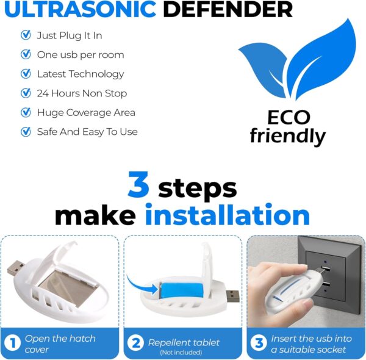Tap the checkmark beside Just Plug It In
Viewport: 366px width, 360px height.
coord(26,35)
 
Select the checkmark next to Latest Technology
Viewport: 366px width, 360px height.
coord(26,74)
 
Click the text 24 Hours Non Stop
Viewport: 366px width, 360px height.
coord(82,93)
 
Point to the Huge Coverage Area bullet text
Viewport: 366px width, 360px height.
coord(86,112)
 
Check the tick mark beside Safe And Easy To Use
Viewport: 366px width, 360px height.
coord(26,132)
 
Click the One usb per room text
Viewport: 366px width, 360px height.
coord(80,55)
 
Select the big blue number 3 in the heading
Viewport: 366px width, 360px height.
coord(138,187)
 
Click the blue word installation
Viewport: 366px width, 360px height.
coord(227,215)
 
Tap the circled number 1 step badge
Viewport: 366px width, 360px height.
coord(13,344)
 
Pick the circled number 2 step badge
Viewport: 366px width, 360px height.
coord(136,344)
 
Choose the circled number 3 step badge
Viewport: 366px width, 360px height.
coord(259,344)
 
